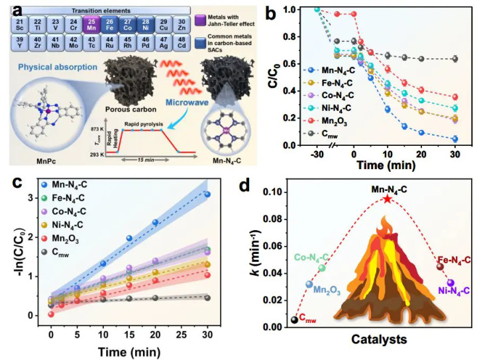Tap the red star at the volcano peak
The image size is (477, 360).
pos(387,199)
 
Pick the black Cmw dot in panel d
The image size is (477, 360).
pos(293,321)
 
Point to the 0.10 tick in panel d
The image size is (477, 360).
pos(274,192)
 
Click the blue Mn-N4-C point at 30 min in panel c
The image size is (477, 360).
pos(207,194)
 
